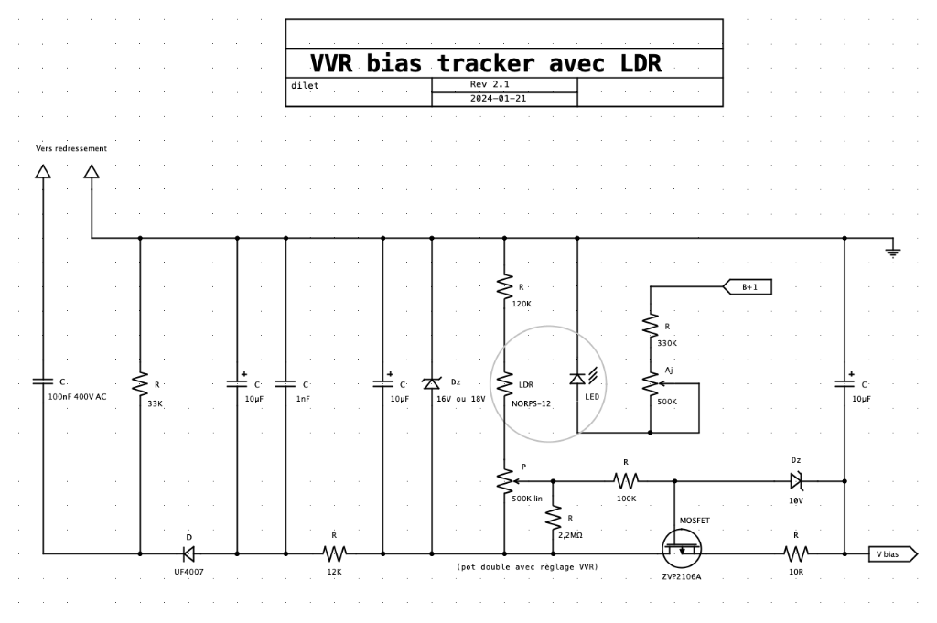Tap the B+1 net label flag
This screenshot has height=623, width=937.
coord(748,287)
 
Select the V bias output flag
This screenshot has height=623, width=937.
coord(893,554)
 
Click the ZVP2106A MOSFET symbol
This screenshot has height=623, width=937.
coord(682,548)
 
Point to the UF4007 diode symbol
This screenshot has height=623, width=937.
coord(188,553)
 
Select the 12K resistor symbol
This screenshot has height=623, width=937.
coord(335,553)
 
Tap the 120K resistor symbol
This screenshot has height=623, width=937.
coord(504,286)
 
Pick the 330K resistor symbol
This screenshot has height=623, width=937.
coord(651,326)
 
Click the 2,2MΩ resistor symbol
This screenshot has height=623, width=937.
coord(553,517)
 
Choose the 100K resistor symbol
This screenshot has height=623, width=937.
coord(626,481)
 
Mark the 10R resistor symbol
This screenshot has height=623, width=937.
coord(796,553)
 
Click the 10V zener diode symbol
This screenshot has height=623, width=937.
coord(796,481)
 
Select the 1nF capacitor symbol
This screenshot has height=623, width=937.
coord(285,384)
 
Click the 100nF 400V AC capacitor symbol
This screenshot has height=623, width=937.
coord(43,381)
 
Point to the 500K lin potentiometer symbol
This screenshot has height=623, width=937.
coord(505,481)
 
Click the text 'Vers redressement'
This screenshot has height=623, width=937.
coord(71,149)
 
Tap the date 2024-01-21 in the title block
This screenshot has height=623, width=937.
coord(498,99)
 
